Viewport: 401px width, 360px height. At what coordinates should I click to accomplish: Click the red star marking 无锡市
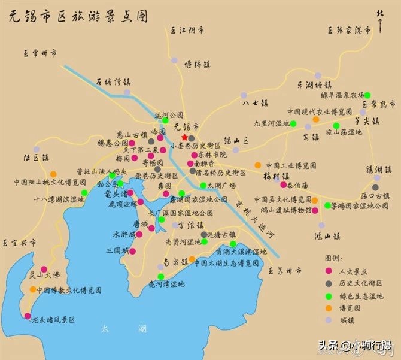[x=184, y=137]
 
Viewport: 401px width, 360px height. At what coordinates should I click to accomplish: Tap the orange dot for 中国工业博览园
[x=257, y=165]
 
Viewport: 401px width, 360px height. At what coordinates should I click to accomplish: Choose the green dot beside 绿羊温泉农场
[x=368, y=95]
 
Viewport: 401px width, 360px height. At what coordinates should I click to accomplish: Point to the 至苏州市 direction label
[x=285, y=271]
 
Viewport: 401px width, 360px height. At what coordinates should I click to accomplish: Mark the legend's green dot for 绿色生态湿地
[x=328, y=296]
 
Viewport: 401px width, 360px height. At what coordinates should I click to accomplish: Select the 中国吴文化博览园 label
[x=282, y=199]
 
